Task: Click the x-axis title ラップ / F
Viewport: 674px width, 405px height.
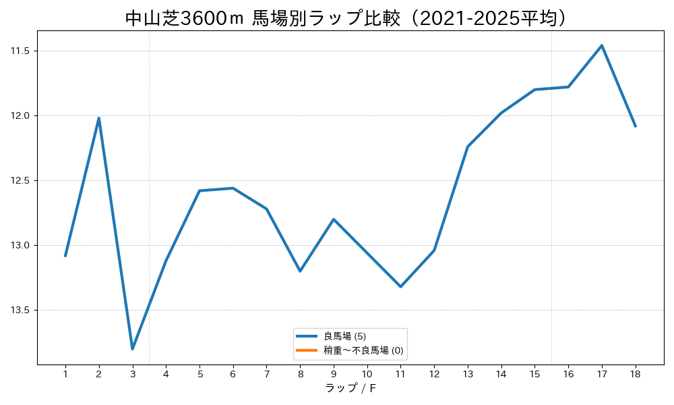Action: point(350,387)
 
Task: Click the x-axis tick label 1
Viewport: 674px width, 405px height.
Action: point(65,374)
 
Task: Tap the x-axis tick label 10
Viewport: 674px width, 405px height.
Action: point(367,374)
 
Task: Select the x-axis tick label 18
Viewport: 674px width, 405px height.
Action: point(636,374)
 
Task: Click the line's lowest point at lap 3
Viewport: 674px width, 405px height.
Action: point(132,349)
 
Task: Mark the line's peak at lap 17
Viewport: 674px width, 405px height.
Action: point(602,45)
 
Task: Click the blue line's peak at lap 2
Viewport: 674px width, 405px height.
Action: point(99,118)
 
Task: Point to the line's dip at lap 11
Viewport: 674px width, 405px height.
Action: point(400,287)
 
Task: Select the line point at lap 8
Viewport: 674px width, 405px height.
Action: point(300,271)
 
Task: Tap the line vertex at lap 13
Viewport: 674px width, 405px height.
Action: point(468,146)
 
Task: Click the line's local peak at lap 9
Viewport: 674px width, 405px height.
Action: point(334,219)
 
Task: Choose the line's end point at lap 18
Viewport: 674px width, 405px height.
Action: point(636,126)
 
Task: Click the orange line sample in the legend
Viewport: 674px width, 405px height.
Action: point(307,350)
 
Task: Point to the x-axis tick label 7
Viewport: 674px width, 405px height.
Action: point(266,374)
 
